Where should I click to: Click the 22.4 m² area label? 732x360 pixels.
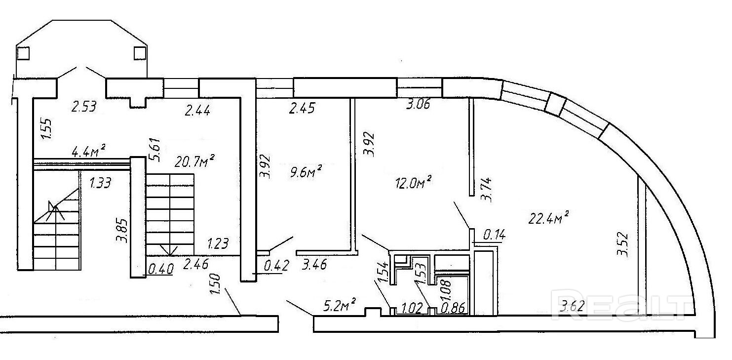(549, 218)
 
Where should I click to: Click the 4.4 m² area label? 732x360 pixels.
(90, 152)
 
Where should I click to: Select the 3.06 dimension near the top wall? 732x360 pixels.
(418, 105)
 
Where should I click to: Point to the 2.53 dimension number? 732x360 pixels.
(83, 106)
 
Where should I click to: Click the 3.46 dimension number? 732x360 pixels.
(314, 266)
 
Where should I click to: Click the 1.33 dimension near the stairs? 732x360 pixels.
(100, 184)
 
